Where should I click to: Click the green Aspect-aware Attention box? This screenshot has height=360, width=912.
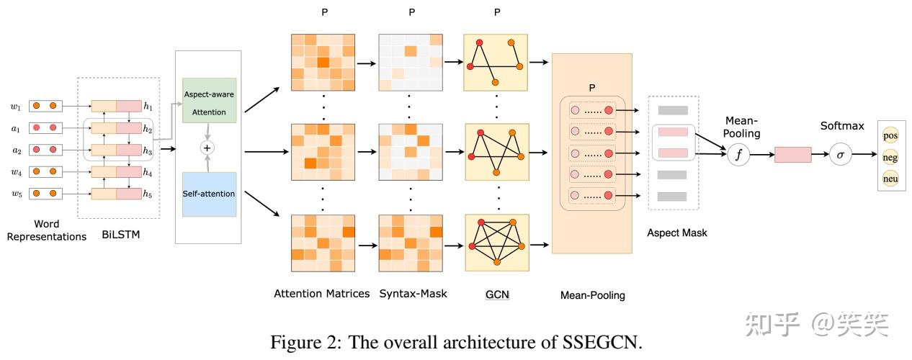pos(209,100)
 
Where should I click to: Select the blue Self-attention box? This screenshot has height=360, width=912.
pos(209,194)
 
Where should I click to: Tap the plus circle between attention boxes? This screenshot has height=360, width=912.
pos(209,147)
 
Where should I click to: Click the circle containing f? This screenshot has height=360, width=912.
pos(738,154)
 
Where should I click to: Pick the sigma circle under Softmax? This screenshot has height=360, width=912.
pos(839,154)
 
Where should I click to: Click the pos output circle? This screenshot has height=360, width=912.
pos(890,135)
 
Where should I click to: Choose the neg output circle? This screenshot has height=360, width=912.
pos(890,155)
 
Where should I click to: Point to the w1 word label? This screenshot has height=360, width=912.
pos(16,107)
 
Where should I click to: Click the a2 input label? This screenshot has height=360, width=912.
pos(16,150)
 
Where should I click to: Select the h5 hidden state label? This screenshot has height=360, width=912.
pos(148,193)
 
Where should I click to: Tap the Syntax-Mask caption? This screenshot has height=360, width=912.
pos(413,294)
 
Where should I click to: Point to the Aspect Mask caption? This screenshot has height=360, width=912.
pos(677,233)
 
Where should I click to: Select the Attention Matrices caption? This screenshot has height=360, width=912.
pos(322,294)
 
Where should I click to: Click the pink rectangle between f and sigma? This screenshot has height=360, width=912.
pos(792,154)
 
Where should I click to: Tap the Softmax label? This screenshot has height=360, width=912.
pos(841,126)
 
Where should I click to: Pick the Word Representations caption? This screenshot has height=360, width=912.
pos(47,230)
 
